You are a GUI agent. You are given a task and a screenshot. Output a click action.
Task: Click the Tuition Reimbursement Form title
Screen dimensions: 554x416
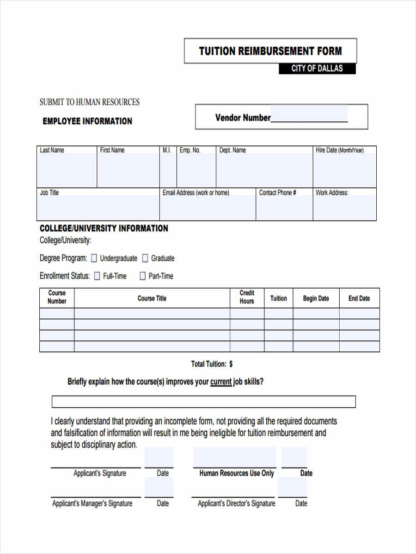tap(270, 51)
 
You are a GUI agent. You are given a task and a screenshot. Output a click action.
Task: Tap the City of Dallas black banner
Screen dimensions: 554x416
tap(317, 68)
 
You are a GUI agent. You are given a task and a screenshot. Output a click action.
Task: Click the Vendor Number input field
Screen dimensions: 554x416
tap(309, 114)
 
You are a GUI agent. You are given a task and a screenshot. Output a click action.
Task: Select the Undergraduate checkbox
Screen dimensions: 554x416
tap(94, 258)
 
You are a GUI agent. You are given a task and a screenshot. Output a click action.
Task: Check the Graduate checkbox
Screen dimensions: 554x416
tap(145, 258)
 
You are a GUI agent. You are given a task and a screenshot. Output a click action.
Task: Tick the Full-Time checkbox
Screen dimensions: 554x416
tap(97, 276)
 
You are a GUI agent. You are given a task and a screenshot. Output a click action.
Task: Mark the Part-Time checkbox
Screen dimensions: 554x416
tap(142, 276)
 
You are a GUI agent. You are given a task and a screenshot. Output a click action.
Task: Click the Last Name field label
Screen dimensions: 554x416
tap(52, 150)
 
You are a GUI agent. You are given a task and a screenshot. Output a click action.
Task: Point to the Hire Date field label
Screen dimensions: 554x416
tap(339, 150)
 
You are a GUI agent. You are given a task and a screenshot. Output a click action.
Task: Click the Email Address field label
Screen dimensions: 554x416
tap(196, 193)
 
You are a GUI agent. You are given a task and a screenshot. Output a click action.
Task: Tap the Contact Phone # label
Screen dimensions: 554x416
tap(277, 193)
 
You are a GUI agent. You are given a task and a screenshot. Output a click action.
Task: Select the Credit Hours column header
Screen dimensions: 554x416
tap(247, 297)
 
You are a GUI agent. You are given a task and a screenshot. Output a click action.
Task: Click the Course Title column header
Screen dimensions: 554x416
tap(152, 298)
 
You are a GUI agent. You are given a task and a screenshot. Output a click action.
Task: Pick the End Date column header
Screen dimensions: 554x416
tap(359, 298)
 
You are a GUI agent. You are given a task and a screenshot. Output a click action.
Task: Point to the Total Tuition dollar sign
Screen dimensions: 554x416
tap(231, 364)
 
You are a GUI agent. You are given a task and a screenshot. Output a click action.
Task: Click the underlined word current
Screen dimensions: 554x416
tap(220, 382)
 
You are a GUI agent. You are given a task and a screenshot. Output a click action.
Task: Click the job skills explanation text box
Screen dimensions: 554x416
tap(203, 402)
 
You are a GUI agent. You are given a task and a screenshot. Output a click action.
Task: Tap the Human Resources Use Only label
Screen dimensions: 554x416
tap(236, 473)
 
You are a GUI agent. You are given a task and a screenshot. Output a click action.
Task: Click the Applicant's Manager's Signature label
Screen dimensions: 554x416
tap(92, 503)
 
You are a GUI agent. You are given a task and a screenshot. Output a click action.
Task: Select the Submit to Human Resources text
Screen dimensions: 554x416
tap(89, 102)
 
